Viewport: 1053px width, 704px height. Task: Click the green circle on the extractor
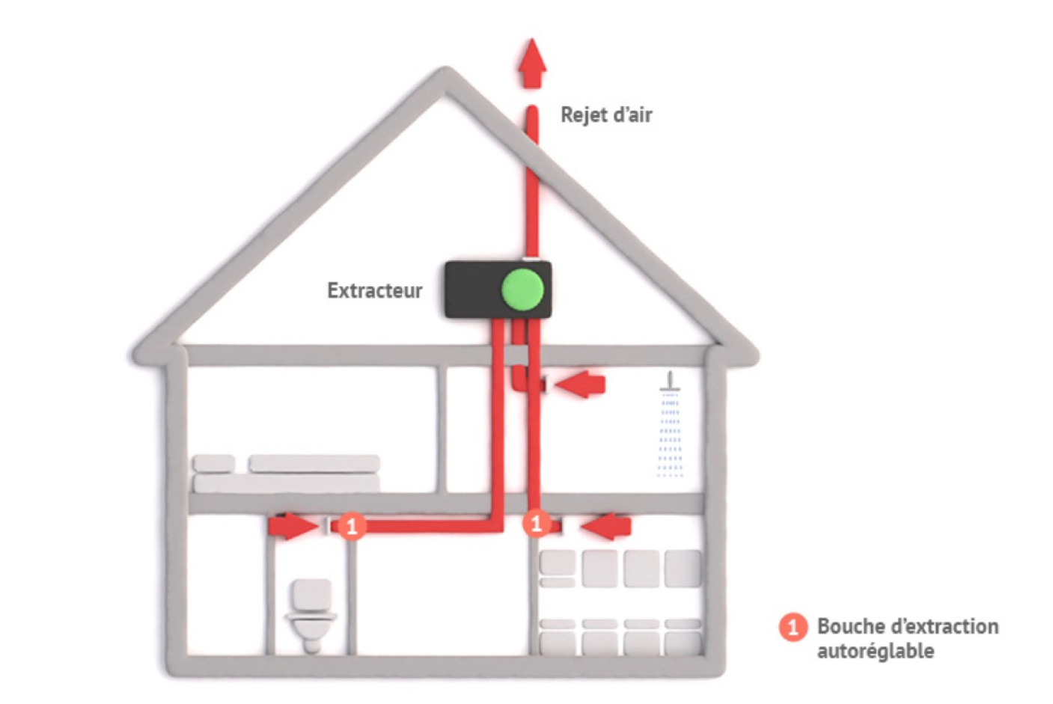coord(522,290)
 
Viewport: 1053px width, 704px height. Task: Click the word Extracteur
coord(374,290)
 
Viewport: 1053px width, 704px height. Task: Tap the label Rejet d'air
coord(606,114)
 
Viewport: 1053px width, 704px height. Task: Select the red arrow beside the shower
coord(580,384)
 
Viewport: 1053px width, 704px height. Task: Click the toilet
coord(311,613)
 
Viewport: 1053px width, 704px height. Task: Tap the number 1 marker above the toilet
coord(351,525)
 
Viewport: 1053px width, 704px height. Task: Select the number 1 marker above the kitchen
coord(536,523)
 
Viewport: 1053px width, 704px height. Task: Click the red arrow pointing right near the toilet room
coord(293,526)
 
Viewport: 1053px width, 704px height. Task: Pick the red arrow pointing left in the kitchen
coord(607,526)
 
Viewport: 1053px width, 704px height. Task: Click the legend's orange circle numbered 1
coord(793,627)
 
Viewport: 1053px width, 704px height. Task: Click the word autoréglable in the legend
coord(875,651)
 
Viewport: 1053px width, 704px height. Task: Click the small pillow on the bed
coord(213,464)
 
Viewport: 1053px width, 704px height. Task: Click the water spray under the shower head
coord(670,438)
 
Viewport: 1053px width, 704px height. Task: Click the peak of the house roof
coord(447,75)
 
